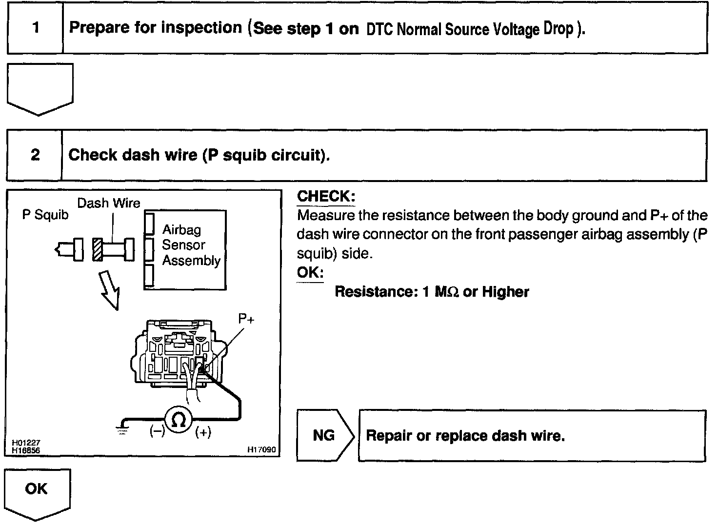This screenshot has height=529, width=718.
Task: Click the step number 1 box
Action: point(35,27)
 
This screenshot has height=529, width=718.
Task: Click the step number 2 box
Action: point(35,155)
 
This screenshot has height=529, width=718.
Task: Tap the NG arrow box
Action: point(324,435)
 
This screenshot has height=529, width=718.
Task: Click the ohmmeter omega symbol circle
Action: point(179,420)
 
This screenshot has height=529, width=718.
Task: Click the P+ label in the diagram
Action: point(246,319)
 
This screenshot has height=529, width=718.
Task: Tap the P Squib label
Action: point(45,215)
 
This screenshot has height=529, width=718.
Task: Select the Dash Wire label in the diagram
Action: point(109,203)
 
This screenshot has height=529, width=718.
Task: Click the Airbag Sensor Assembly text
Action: point(190,245)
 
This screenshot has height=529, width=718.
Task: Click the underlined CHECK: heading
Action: point(326,197)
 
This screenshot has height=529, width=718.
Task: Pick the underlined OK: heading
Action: point(310,272)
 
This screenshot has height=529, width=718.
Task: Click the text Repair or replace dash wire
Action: point(465,435)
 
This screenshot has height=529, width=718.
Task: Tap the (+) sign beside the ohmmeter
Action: point(203,432)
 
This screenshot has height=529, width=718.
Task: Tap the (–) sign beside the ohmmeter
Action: point(157,432)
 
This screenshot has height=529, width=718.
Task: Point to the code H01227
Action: point(26,443)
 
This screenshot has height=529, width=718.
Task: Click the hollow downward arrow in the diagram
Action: point(109,290)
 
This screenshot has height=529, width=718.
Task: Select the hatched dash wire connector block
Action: point(98,249)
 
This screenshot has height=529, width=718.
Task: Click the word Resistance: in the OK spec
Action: point(374,292)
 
